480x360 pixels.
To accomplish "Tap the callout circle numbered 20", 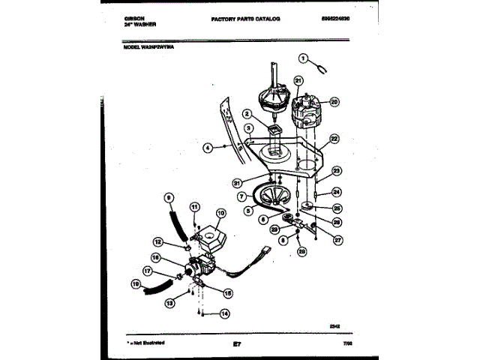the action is pos(334,102).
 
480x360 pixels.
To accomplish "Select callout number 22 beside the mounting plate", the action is pos(334,139).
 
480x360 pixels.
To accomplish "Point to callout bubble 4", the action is pos(207,148).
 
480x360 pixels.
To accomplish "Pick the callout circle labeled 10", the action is pos(220,213).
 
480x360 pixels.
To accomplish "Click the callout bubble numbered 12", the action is pos(158,241).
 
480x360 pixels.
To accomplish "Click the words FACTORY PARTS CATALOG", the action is pos(245,16).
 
